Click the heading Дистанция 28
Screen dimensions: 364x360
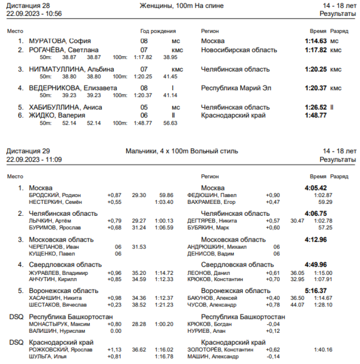click(x=27, y=5)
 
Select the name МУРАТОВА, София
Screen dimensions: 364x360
click(x=60, y=41)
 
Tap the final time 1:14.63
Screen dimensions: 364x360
click(x=316, y=41)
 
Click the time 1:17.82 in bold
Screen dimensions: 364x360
click(x=316, y=50)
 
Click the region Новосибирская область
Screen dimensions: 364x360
click(x=239, y=50)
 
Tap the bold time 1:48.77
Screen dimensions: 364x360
click(x=316, y=115)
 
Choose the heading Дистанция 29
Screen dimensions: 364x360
click(x=27, y=151)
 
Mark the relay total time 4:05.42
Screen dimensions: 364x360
click(x=316, y=188)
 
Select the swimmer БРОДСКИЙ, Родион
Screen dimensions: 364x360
click(x=55, y=195)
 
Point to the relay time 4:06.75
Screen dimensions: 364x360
click(x=316, y=213)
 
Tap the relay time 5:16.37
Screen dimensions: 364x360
click(x=316, y=291)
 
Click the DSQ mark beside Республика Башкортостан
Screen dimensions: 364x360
click(x=16, y=317)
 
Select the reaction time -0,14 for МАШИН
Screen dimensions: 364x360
click(x=273, y=356)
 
